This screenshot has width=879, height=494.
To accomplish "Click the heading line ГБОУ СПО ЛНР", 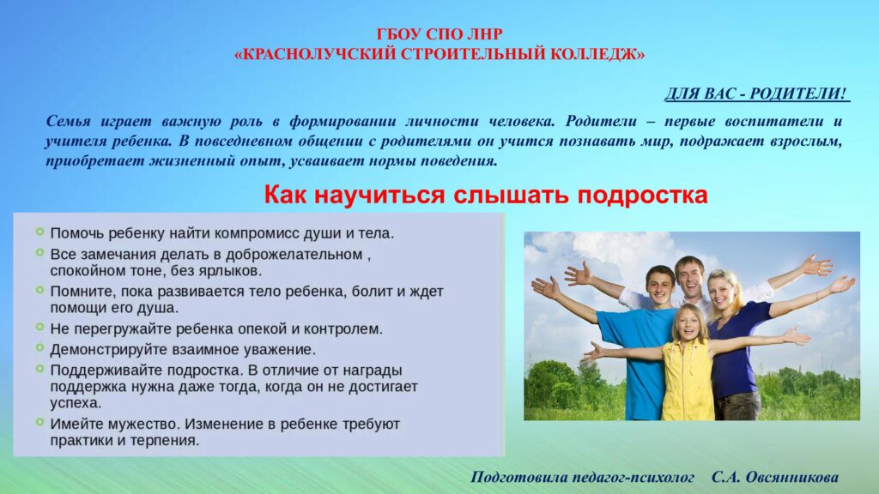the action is [x=439, y=34].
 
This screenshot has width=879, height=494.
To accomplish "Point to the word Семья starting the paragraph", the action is [x=68, y=122].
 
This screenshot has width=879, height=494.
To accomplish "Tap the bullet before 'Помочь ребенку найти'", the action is [x=39, y=232].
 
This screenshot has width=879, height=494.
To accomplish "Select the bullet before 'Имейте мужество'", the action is [x=39, y=422].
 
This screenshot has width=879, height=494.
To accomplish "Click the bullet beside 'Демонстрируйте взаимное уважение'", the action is [x=39, y=347].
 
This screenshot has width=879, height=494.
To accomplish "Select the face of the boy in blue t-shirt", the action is [x=660, y=286].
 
